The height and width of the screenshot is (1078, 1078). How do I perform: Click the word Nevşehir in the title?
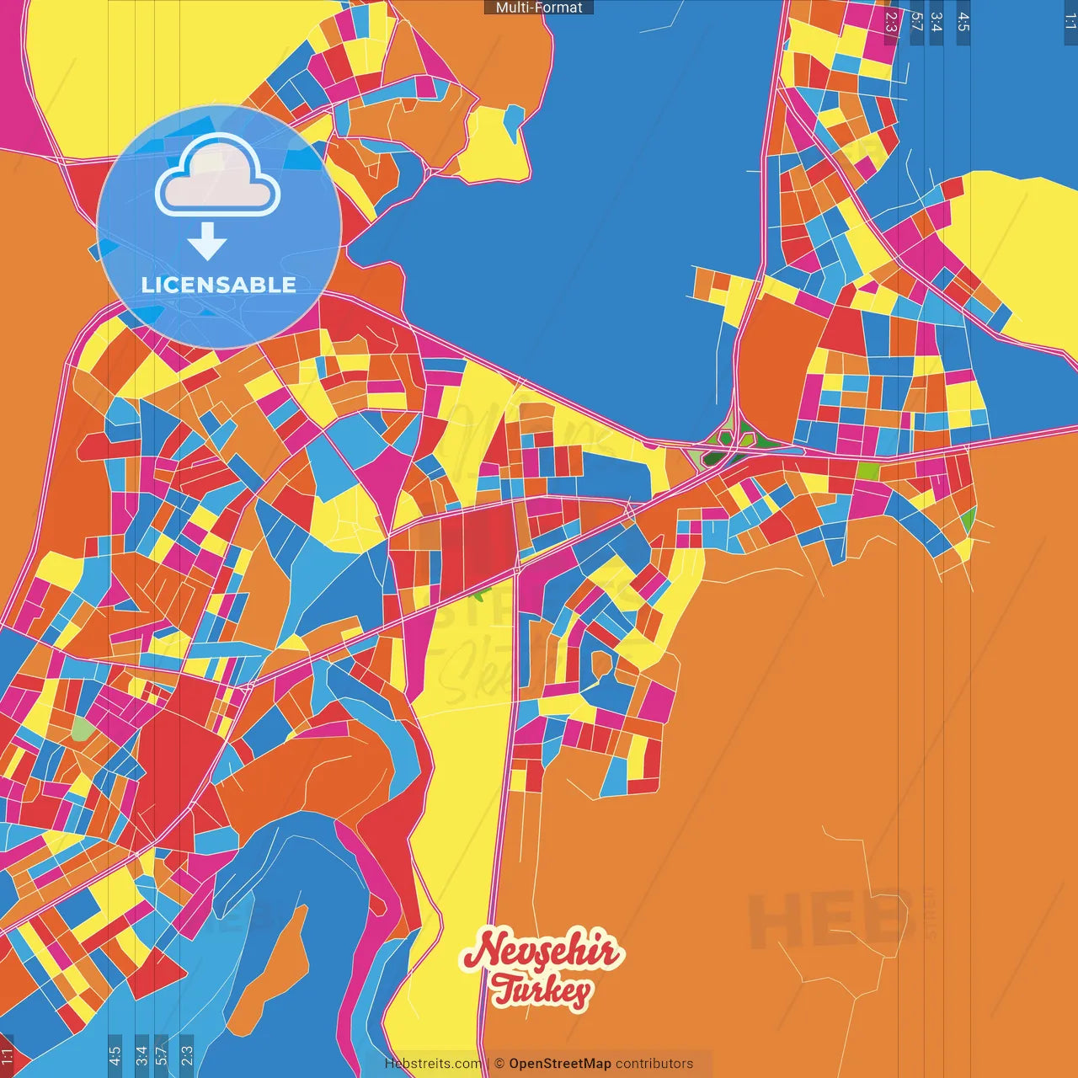[542, 951]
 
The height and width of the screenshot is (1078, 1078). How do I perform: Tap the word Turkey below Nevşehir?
[542, 990]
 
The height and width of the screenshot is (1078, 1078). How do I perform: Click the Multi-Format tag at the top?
[539, 8]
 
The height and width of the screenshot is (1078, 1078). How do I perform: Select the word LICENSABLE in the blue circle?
[219, 285]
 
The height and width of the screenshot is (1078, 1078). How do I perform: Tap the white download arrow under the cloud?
[207, 241]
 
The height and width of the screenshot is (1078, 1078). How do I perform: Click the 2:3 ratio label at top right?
[891, 22]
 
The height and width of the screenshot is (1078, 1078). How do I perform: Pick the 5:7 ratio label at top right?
[916, 22]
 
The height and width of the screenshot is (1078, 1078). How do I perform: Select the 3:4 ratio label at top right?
[936, 22]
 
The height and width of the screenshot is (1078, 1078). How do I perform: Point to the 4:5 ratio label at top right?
[963, 22]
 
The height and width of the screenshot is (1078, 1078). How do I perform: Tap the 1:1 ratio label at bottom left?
[8, 1054]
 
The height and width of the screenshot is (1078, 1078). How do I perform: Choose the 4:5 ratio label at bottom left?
[115, 1054]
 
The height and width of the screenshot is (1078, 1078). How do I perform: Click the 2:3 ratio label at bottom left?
[186, 1054]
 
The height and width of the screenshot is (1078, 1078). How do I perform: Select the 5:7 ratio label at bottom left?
[162, 1054]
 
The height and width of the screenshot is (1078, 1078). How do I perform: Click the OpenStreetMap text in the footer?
[559, 1064]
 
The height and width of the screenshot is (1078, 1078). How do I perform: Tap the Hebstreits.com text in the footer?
[433, 1064]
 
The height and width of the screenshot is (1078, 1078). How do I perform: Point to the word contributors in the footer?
[654, 1064]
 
